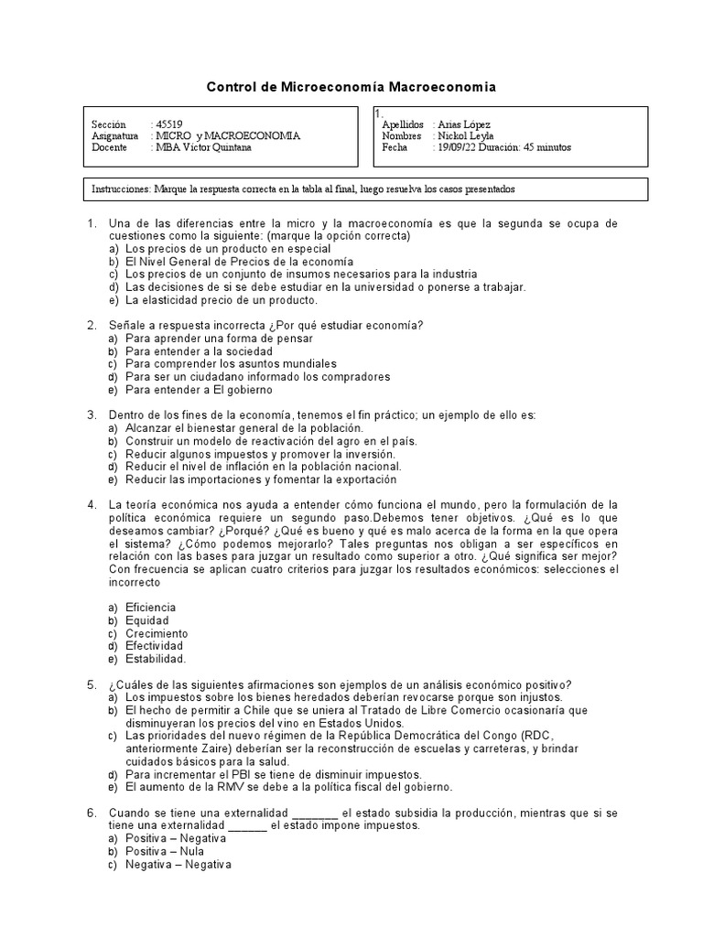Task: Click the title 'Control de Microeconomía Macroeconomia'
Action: (x=351, y=87)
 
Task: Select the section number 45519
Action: (x=168, y=124)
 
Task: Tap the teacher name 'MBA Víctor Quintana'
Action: (x=203, y=147)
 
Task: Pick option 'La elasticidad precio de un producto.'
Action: (x=222, y=299)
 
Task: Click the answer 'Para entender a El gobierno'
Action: (x=199, y=390)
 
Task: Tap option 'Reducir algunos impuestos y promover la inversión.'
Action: (x=260, y=454)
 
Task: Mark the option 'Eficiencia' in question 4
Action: (x=151, y=608)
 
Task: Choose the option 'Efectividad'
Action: (x=154, y=646)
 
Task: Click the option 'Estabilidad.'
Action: (x=156, y=659)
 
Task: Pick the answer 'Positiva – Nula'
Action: (x=165, y=851)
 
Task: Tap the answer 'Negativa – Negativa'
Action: (x=178, y=864)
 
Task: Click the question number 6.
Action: (x=92, y=813)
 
